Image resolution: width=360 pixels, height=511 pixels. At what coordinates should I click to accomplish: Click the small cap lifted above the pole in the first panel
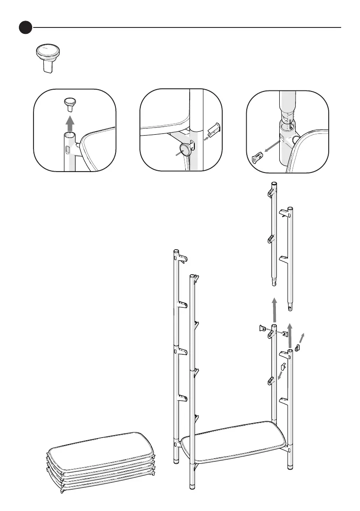point(70,103)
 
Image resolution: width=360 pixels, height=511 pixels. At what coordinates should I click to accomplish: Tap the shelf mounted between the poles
point(234,439)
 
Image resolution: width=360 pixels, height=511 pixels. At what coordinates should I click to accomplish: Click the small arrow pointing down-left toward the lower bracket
point(280,375)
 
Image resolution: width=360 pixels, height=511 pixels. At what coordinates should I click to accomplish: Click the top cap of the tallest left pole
point(175,250)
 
